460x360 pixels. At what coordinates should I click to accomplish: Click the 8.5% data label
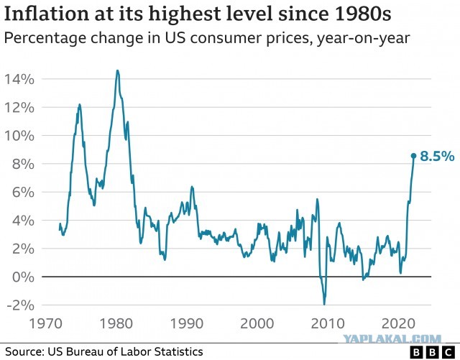tap(437, 156)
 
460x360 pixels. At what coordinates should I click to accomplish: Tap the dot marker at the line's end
tap(413, 156)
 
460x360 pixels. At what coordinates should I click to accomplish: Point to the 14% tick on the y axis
tap(19, 79)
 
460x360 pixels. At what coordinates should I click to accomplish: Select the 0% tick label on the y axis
tap(23, 277)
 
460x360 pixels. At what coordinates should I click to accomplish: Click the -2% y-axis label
tap(20, 305)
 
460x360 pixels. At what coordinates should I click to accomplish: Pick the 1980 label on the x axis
tap(116, 323)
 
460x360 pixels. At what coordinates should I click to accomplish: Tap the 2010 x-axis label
tap(328, 323)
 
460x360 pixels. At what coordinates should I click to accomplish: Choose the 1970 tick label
tap(46, 323)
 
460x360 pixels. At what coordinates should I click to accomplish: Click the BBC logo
tap(432, 352)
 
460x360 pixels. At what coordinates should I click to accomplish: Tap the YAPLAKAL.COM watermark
tap(392, 339)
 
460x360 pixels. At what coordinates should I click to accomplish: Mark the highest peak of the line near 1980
tap(117, 70)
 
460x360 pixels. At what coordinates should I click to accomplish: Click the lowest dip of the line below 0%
tap(324, 305)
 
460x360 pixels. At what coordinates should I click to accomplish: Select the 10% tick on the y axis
tap(19, 136)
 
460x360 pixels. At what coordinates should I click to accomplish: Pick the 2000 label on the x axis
tap(257, 323)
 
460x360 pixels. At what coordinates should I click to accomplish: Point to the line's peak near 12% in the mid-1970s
tap(79, 104)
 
